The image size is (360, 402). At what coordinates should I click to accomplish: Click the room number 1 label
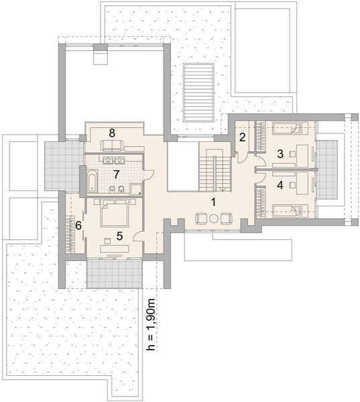(213, 202)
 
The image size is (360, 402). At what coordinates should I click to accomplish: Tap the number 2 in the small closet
(242, 137)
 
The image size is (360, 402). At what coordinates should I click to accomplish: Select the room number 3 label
(280, 154)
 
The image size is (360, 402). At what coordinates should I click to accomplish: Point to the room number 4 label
(280, 185)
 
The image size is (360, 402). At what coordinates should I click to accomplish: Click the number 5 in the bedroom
(119, 236)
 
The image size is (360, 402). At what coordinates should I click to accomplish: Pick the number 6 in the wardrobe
(78, 226)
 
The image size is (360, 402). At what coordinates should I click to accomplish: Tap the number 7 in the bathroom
(117, 175)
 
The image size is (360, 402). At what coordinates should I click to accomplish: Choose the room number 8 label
(112, 133)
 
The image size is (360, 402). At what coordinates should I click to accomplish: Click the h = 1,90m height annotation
(151, 324)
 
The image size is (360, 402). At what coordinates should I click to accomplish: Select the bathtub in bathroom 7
(93, 181)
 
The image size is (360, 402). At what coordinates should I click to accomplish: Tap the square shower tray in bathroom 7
(135, 189)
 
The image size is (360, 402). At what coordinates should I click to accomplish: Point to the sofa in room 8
(112, 145)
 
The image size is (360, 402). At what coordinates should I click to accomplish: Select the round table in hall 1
(214, 218)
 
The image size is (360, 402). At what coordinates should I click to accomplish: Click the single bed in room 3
(286, 128)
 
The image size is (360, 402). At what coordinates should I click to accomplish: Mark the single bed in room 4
(286, 211)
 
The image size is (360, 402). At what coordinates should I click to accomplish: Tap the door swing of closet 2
(243, 157)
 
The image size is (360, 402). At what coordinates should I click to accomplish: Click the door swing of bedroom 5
(139, 236)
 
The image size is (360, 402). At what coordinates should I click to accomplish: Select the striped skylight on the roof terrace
(198, 93)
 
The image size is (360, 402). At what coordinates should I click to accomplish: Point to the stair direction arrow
(223, 190)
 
